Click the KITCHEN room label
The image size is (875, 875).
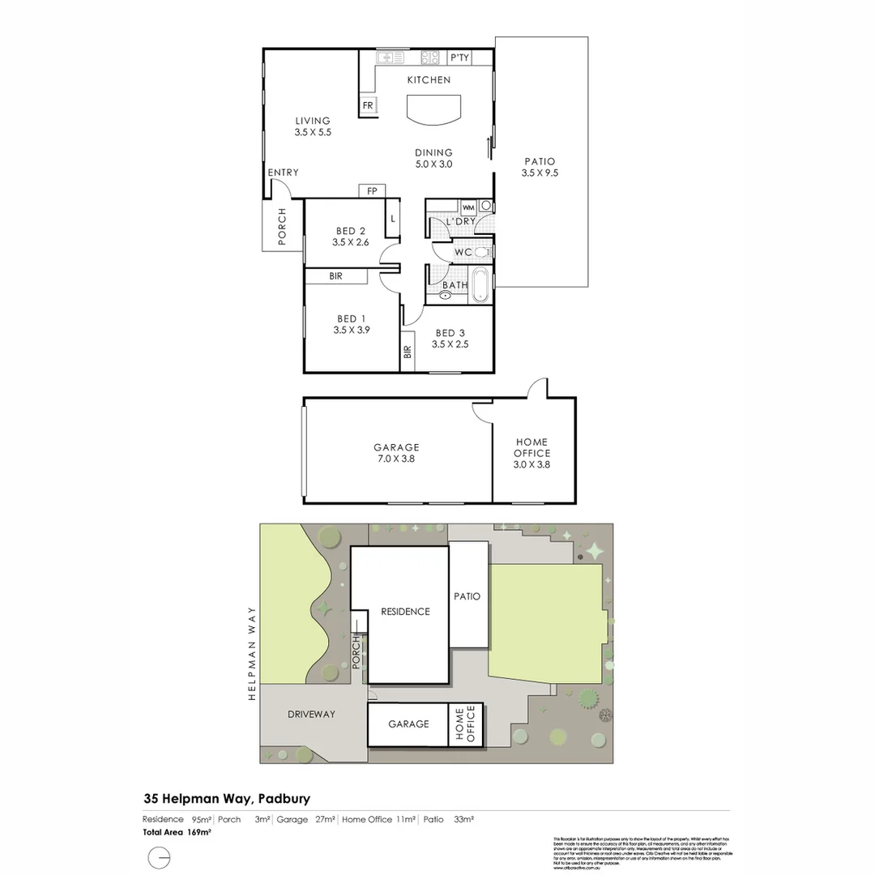(429, 80)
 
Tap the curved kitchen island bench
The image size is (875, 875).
(433, 109)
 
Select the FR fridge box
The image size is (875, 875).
(367, 106)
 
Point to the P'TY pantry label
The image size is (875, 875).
(459, 58)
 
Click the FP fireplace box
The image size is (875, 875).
(372, 191)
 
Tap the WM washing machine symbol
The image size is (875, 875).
(467, 207)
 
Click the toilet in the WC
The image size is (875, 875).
(481, 252)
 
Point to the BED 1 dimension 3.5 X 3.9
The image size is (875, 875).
(351, 331)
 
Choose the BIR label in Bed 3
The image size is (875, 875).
(407, 352)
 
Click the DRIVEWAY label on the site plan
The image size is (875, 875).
(311, 715)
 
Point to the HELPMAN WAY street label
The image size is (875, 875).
(252, 653)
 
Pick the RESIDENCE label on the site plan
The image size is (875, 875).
(405, 612)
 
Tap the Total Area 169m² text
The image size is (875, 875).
(177, 832)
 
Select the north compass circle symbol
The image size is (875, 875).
(160, 856)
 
